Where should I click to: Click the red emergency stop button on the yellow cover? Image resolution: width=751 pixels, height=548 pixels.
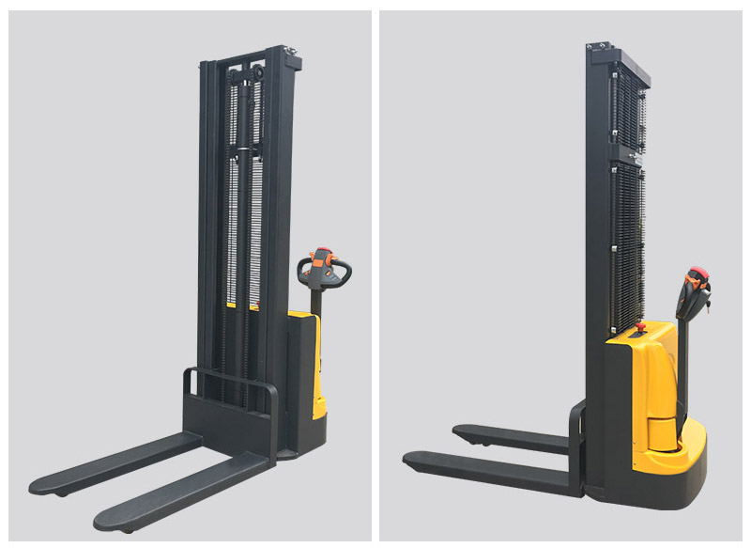[642, 328]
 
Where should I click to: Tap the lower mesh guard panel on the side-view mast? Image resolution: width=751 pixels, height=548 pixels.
[627, 244]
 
